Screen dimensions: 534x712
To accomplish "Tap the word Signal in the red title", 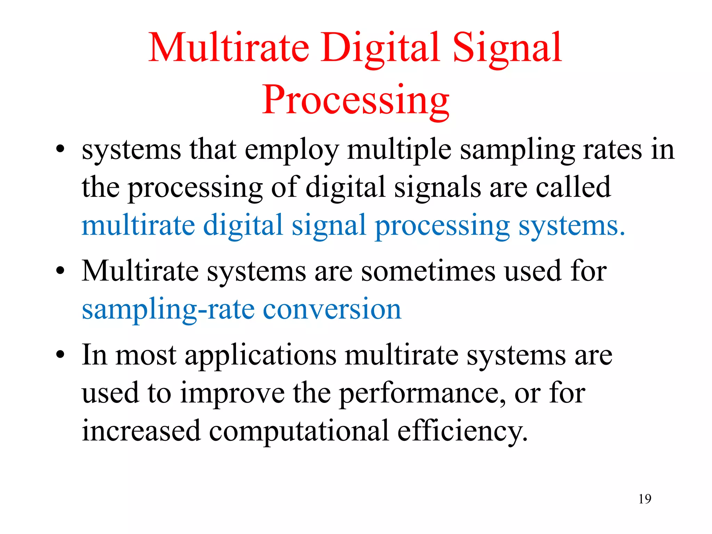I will [507, 48].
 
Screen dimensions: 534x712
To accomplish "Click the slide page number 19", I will [645, 499].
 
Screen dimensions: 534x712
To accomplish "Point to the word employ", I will [292, 150].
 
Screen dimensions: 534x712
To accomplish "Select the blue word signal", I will [329, 226].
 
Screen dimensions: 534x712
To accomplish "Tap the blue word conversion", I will [332, 309].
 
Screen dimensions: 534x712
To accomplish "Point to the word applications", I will [260, 356].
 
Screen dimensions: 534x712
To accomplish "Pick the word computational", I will [299, 431].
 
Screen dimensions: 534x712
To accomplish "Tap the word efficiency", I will [462, 431].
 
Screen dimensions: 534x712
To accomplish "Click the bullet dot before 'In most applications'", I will [60, 355].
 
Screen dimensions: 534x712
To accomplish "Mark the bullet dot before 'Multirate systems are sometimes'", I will [60, 271].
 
